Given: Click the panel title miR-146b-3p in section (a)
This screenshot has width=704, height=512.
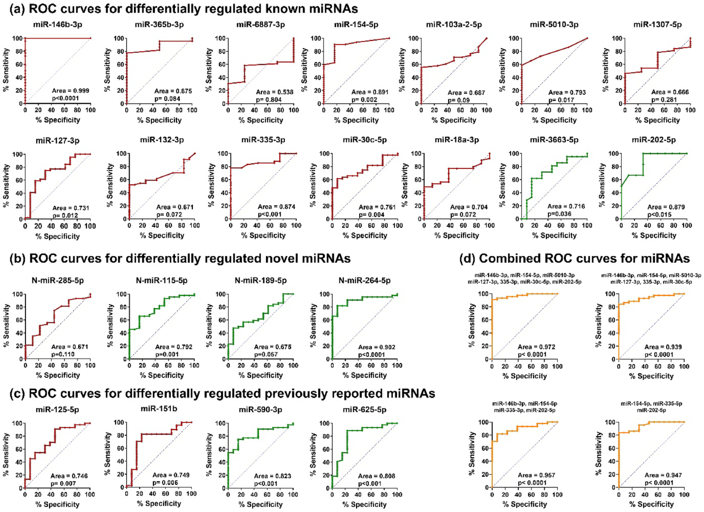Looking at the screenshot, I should point(58,25).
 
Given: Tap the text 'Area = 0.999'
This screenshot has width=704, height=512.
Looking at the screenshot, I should point(70,91).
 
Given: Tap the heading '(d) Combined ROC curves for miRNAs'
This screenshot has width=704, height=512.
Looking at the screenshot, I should point(575,258).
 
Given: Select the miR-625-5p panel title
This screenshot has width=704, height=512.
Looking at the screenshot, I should point(364,410).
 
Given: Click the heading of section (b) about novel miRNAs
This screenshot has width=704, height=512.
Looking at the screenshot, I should point(180,258).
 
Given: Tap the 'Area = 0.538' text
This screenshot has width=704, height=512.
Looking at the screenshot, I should point(274,92).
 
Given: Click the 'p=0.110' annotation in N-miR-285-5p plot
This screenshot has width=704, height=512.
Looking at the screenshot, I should point(63,354).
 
